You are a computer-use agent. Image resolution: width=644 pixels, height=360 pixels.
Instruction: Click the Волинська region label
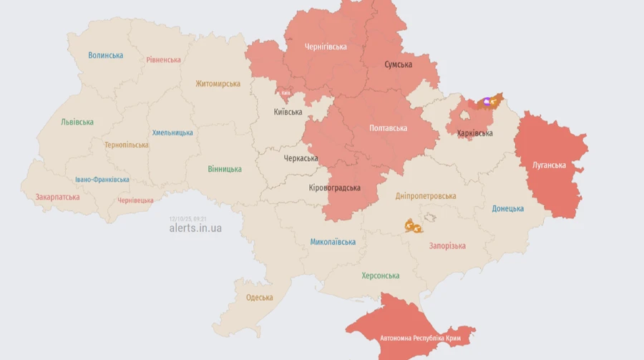click(106, 55)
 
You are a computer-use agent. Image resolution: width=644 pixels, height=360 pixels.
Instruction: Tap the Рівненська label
click(163, 60)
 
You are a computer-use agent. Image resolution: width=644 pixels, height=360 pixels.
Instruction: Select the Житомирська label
click(218, 84)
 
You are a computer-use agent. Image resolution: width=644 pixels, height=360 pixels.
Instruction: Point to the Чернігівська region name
click(326, 47)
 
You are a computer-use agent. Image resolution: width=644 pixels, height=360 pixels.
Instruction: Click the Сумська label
click(398, 64)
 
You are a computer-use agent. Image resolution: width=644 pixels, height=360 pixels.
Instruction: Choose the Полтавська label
click(388, 128)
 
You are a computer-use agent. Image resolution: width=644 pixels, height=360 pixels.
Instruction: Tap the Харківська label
click(474, 133)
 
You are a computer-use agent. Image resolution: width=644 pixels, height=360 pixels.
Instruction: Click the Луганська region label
click(549, 165)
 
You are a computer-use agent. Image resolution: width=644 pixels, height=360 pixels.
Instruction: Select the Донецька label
click(507, 209)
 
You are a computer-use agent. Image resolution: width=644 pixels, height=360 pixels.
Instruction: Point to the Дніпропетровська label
click(425, 196)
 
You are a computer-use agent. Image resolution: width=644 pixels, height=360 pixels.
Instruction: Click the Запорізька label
click(447, 246)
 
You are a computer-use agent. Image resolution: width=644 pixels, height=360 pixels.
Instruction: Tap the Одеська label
click(259, 298)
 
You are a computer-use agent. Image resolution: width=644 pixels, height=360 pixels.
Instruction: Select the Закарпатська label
click(57, 196)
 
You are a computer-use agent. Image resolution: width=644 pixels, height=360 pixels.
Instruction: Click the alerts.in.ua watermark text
click(195, 228)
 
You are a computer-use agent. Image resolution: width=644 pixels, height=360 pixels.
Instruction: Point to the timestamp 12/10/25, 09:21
click(188, 218)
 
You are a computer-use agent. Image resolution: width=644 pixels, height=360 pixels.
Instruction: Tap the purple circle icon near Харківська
click(487, 102)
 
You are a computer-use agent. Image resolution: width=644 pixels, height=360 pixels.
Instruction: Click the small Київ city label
click(286, 93)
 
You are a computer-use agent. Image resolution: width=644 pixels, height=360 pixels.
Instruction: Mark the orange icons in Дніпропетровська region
click(413, 226)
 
